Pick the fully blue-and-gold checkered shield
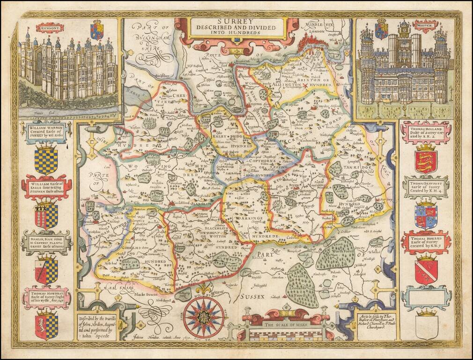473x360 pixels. pos(46,161)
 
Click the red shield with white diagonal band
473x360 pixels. pos(426,270)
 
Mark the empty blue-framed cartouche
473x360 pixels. pos(426,297)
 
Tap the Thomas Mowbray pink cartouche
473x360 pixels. pos(46,297)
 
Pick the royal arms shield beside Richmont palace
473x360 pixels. pos(97,30)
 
